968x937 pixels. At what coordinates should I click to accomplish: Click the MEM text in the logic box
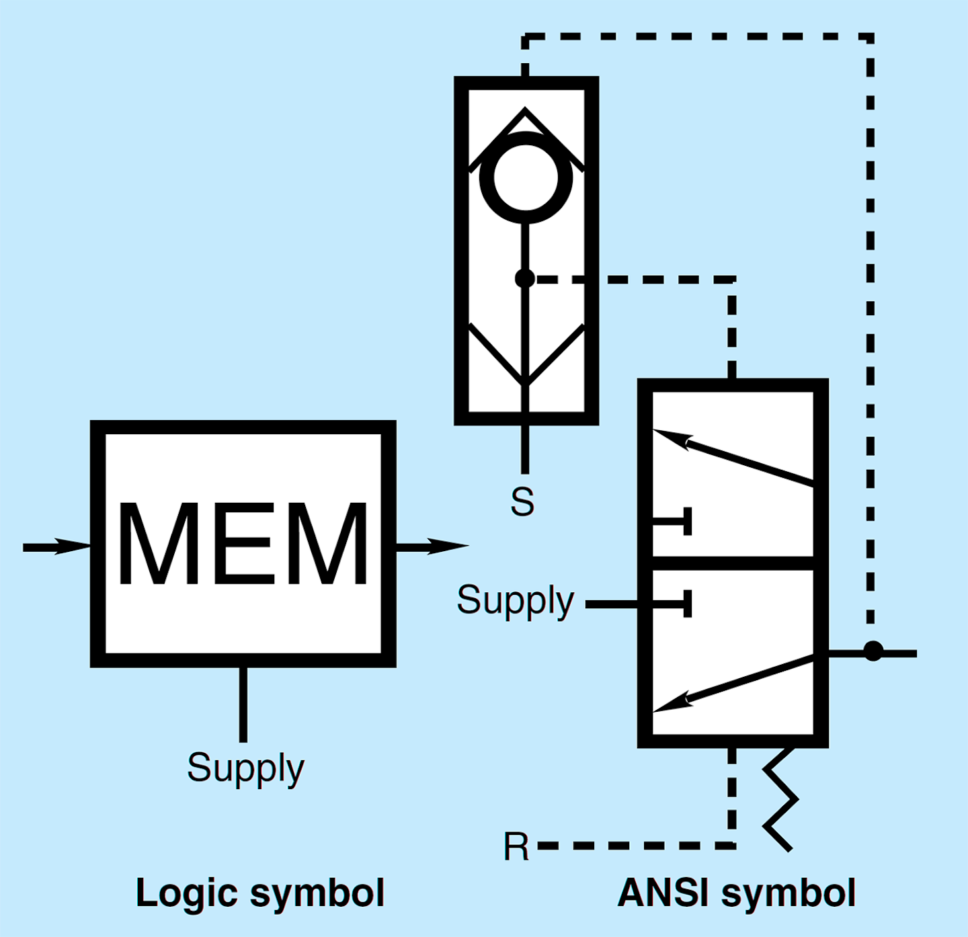(x=243, y=544)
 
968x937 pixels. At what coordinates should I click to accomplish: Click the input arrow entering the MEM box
(x=57, y=546)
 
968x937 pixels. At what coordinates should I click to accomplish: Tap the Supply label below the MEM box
(x=245, y=768)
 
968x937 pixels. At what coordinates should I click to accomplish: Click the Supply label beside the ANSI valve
(x=515, y=600)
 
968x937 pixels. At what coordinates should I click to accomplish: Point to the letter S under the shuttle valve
(x=522, y=501)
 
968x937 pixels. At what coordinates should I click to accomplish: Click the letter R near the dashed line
(x=516, y=847)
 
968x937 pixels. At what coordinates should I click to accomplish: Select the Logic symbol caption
(x=259, y=893)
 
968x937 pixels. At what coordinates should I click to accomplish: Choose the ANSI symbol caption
(x=736, y=893)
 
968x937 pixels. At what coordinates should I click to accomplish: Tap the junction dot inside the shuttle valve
(x=525, y=278)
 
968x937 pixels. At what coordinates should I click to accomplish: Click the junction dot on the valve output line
(x=873, y=651)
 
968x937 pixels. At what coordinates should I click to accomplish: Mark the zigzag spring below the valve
(x=780, y=800)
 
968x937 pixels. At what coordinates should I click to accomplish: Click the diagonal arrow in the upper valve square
(x=733, y=457)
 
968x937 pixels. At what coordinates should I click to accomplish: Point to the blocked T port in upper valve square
(x=679, y=522)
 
